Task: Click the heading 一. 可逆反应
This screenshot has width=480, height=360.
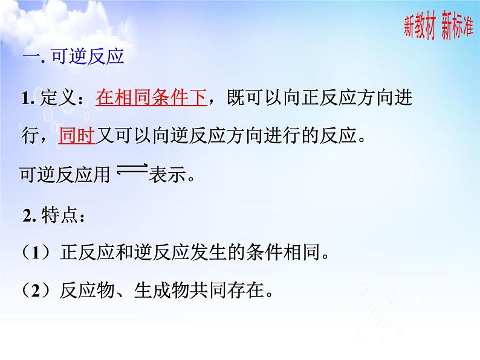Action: click(x=73, y=57)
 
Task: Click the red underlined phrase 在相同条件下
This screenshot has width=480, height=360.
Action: click(x=151, y=98)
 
